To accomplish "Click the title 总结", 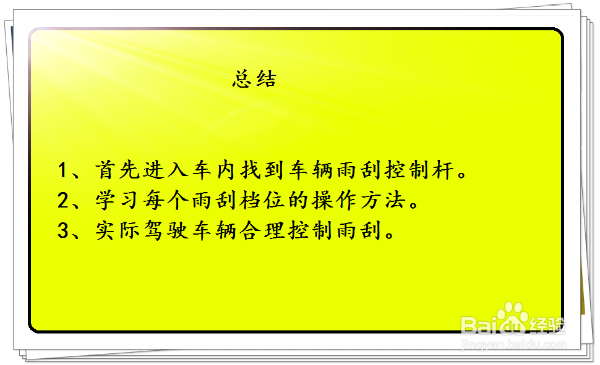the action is (254, 79).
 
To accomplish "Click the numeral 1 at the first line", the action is (62, 170).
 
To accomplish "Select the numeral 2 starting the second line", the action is (62, 200).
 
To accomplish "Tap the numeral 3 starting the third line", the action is (62, 230).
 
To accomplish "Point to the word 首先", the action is (117, 170).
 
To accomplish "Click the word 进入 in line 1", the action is (166, 170).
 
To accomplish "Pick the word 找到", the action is (262, 170).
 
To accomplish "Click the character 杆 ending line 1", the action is (443, 170).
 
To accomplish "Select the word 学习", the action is (117, 200).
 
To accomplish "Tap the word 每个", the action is (166, 200).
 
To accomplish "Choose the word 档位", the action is (262, 200).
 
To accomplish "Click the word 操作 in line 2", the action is (334, 200).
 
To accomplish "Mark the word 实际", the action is (117, 230).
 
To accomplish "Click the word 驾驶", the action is (166, 230).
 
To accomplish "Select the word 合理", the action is (262, 230).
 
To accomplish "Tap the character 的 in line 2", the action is (298, 200).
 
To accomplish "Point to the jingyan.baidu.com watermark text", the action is (514, 345).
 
